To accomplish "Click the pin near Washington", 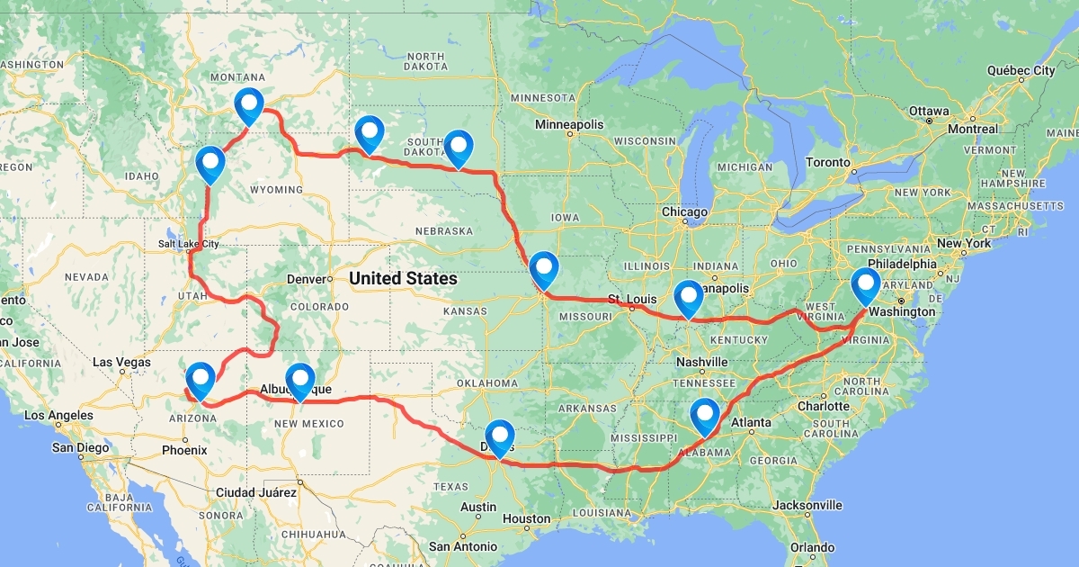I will pyautogui.click(x=866, y=286).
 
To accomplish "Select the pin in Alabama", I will pyautogui.click(x=705, y=417).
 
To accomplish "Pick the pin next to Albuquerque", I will pyautogui.click(x=299, y=381).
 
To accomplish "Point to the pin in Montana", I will pyautogui.click(x=249, y=106).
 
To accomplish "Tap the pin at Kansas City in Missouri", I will pyautogui.click(x=543, y=269).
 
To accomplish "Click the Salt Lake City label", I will pyautogui.click(x=189, y=244).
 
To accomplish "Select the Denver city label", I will pyautogui.click(x=306, y=279).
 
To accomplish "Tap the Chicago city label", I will pyautogui.click(x=686, y=212).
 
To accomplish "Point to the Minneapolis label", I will pyautogui.click(x=568, y=123).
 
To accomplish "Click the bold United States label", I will pyautogui.click(x=403, y=279).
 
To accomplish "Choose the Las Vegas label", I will pyautogui.click(x=122, y=363).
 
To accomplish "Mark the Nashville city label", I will pyautogui.click(x=701, y=362).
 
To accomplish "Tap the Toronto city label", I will pyautogui.click(x=827, y=163).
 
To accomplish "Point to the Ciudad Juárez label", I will pyautogui.click(x=255, y=492).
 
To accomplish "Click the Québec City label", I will pyautogui.click(x=1021, y=70).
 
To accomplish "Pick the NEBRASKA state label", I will pyautogui.click(x=443, y=231).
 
